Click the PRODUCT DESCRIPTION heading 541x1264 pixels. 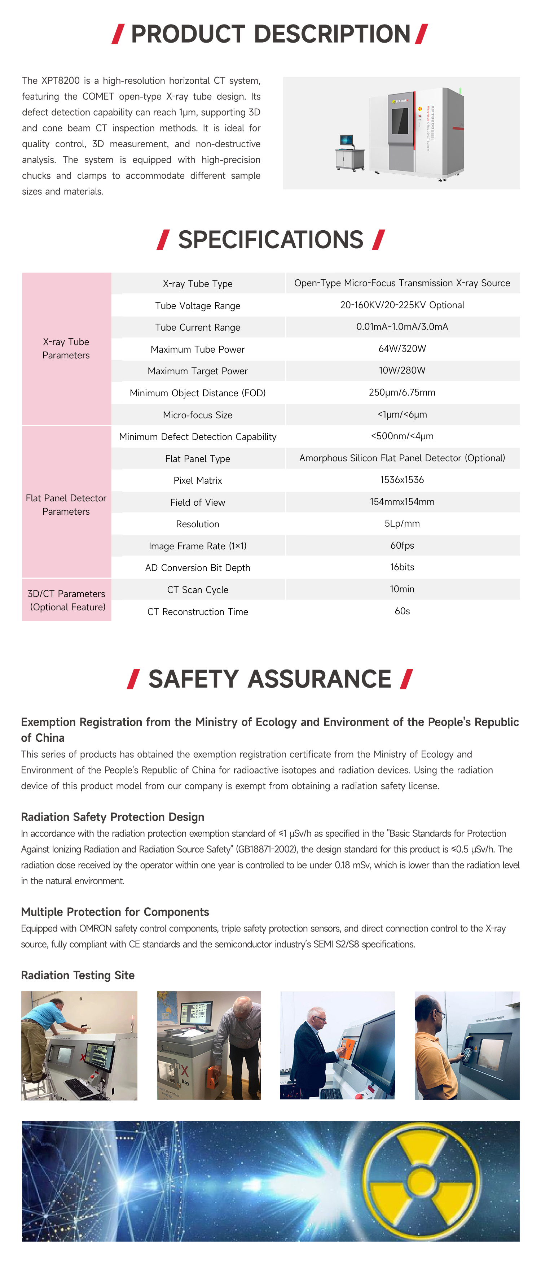tap(270, 34)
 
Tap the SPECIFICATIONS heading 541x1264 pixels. tap(270, 240)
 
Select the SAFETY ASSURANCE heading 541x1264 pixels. tap(270, 679)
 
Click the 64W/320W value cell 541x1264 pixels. tap(402, 349)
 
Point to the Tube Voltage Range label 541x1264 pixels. tap(198, 306)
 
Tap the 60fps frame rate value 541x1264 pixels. tap(402, 546)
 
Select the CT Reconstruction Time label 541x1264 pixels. tap(198, 612)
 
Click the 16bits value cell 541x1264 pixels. tap(402, 567)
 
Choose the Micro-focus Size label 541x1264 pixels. tap(198, 415)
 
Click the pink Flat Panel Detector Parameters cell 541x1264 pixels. tap(66, 505)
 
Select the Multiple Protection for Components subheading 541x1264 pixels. tap(115, 912)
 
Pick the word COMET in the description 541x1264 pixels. tap(98, 97)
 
